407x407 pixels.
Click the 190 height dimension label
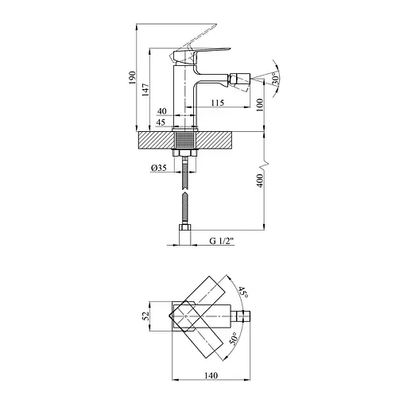pyautogui.click(x=132, y=78)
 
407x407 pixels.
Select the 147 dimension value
pyautogui.click(x=145, y=90)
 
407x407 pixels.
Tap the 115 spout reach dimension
pyautogui.click(x=218, y=103)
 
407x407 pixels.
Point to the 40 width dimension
pyautogui.click(x=162, y=111)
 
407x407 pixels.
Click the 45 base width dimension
pyautogui.click(x=161, y=122)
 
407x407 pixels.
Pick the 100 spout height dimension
pyautogui.click(x=260, y=105)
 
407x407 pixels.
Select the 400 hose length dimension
pyautogui.click(x=260, y=180)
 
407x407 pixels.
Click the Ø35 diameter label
pyautogui.click(x=159, y=168)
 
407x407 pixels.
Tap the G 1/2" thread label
pyautogui.click(x=222, y=241)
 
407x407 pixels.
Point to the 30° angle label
pyautogui.click(x=275, y=79)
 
